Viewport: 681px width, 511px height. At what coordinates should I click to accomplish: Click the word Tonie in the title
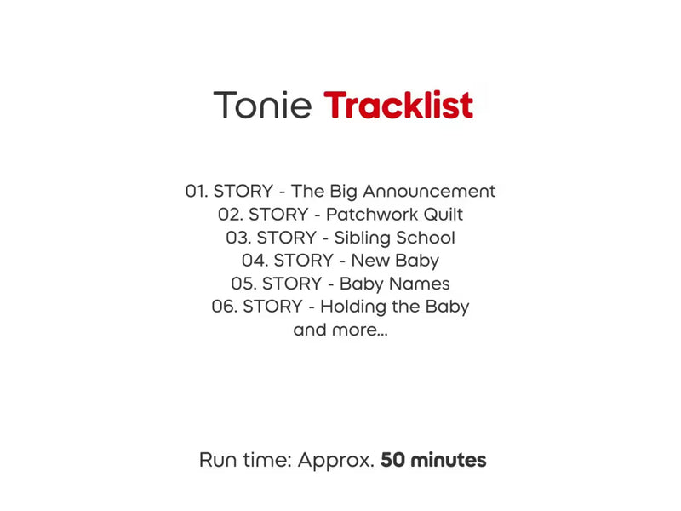262,105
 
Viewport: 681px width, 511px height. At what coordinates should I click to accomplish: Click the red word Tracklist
398,105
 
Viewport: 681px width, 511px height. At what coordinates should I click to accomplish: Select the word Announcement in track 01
429,191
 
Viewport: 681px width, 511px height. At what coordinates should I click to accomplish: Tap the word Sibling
363,238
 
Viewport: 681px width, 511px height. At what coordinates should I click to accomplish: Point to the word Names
422,284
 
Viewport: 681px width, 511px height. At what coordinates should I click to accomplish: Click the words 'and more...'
340,330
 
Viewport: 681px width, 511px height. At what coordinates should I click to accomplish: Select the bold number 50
393,460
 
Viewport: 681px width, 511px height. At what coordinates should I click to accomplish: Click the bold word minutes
449,460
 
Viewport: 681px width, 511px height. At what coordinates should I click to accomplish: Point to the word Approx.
336,461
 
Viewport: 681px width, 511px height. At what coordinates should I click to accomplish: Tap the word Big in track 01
344,192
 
